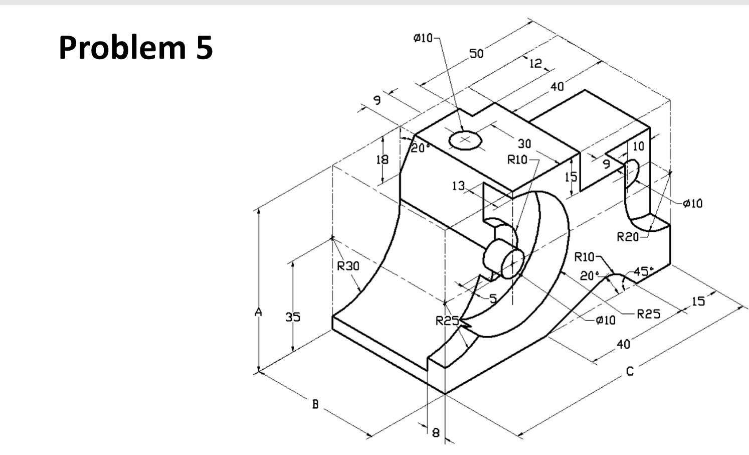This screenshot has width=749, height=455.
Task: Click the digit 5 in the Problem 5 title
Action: click(x=203, y=48)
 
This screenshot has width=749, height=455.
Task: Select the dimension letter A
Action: click(x=258, y=312)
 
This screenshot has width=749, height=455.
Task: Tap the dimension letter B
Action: click(x=315, y=404)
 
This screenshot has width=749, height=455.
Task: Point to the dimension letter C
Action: click(x=630, y=372)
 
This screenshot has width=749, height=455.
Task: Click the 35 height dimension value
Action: click(x=293, y=317)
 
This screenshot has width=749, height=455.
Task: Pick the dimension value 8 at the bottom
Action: click(x=435, y=432)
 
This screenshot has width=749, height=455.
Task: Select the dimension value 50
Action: click(x=476, y=54)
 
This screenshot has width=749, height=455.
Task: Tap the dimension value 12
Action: click(x=535, y=63)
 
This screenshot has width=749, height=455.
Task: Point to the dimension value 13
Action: click(x=458, y=186)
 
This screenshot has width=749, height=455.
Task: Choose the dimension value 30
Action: click(x=524, y=144)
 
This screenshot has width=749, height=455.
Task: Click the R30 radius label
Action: click(x=348, y=266)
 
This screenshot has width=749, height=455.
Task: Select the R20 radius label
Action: click(x=628, y=236)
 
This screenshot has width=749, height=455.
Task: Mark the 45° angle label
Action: click(x=644, y=271)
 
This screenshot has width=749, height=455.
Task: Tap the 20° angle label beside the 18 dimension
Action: click(x=420, y=148)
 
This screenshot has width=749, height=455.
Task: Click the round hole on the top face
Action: click(x=465, y=140)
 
